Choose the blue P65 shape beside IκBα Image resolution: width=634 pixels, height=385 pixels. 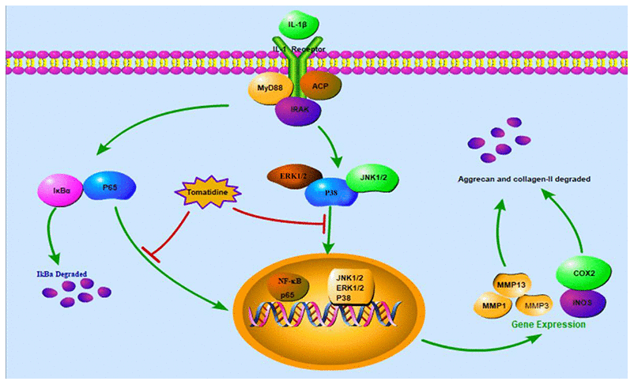pyautogui.click(x=109, y=187)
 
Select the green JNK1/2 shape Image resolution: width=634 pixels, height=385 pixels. pyautogui.click(x=371, y=179)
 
